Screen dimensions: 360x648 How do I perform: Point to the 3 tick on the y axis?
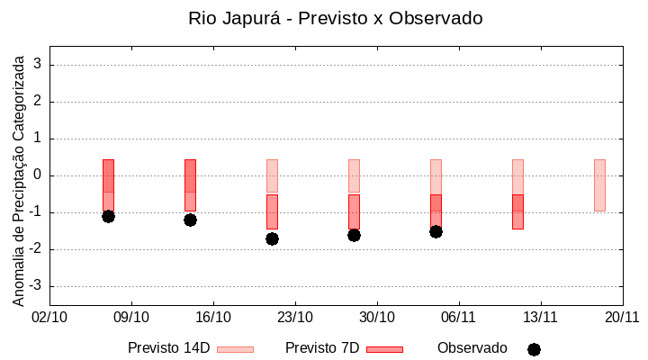click(x=38, y=65)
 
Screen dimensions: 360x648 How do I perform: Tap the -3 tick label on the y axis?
click(x=35, y=286)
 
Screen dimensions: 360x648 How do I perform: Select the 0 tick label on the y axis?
click(x=38, y=175)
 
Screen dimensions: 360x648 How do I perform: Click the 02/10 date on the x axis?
click(x=49, y=317)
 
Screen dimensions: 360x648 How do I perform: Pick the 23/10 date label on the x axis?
click(x=295, y=317)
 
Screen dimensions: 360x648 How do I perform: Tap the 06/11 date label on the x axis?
click(x=458, y=317)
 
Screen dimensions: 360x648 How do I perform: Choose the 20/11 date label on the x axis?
click(x=621, y=317)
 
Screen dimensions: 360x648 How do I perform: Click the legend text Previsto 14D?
click(x=169, y=348)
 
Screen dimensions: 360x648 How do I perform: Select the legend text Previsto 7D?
click(x=322, y=348)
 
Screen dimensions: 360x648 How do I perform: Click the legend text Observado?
click(x=472, y=348)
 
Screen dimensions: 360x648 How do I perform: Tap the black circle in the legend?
click(x=534, y=349)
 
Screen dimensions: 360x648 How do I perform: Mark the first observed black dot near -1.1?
click(x=108, y=216)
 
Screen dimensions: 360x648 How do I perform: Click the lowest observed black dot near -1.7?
click(x=272, y=238)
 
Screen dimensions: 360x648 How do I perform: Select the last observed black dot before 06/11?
click(x=436, y=231)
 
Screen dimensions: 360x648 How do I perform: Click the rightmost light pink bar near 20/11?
click(x=599, y=185)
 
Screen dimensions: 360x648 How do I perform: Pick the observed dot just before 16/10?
click(x=190, y=220)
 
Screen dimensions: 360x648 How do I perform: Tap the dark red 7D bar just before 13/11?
click(x=517, y=211)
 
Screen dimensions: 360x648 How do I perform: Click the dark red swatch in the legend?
click(x=384, y=349)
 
